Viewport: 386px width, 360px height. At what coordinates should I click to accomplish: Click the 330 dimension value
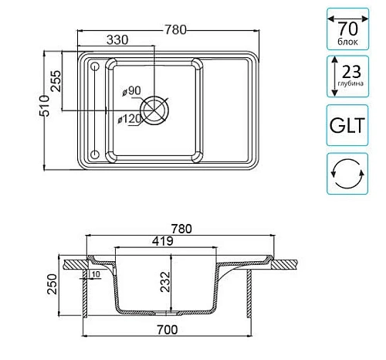point(117,39)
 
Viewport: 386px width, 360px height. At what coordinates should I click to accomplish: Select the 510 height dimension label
point(44,106)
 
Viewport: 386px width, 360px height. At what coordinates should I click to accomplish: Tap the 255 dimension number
point(56,81)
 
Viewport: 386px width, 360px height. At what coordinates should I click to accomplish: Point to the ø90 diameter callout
point(131,90)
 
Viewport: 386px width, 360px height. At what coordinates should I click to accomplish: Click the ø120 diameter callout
point(130,119)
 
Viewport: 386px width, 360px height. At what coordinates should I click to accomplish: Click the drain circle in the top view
point(154,110)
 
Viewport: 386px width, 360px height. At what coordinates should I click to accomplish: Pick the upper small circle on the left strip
point(95,66)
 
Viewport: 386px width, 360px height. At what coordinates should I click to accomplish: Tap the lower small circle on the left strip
point(95,155)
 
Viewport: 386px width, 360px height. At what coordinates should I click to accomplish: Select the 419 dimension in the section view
point(163,241)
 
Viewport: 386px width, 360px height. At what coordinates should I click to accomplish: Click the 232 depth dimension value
point(165,282)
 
